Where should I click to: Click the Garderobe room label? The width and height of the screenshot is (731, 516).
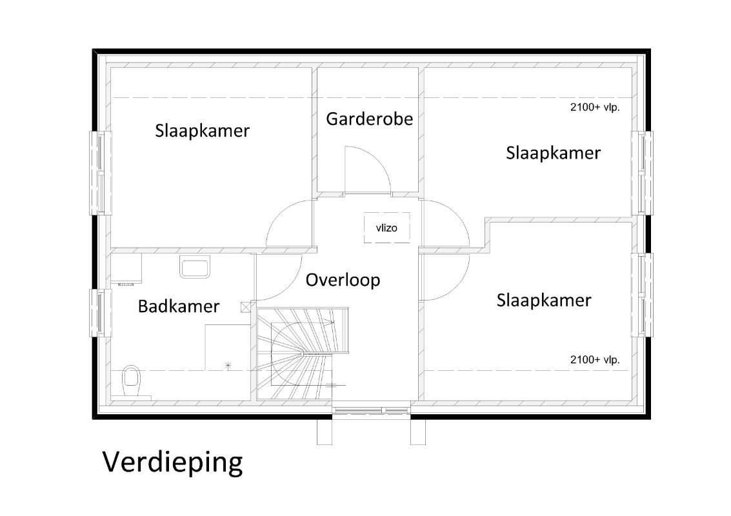(369, 119)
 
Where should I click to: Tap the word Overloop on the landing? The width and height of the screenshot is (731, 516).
(343, 280)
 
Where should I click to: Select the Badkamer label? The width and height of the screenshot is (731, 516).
(179, 306)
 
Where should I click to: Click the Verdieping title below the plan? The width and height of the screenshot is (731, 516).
(172, 462)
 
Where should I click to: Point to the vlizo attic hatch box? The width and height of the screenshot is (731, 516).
(386, 228)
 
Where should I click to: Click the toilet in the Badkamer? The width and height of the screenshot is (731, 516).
(132, 381)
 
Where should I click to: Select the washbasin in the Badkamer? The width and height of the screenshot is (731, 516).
(195, 266)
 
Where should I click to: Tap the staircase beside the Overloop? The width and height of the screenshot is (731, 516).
(302, 353)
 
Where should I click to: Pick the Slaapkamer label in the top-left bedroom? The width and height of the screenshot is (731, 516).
(203, 130)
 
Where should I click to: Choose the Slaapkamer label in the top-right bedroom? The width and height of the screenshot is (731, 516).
(554, 153)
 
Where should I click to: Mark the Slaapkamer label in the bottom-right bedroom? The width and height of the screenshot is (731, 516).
(544, 300)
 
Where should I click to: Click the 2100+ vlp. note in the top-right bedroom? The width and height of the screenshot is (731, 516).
(595, 107)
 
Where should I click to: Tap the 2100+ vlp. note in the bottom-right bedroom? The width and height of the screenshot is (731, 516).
(595, 360)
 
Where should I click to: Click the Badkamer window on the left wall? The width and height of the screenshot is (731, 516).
(100, 313)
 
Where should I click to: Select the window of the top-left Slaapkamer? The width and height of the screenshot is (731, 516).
(100, 173)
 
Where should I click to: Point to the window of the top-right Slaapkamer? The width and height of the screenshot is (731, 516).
(643, 173)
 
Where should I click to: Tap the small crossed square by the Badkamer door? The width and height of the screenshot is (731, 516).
(246, 307)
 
